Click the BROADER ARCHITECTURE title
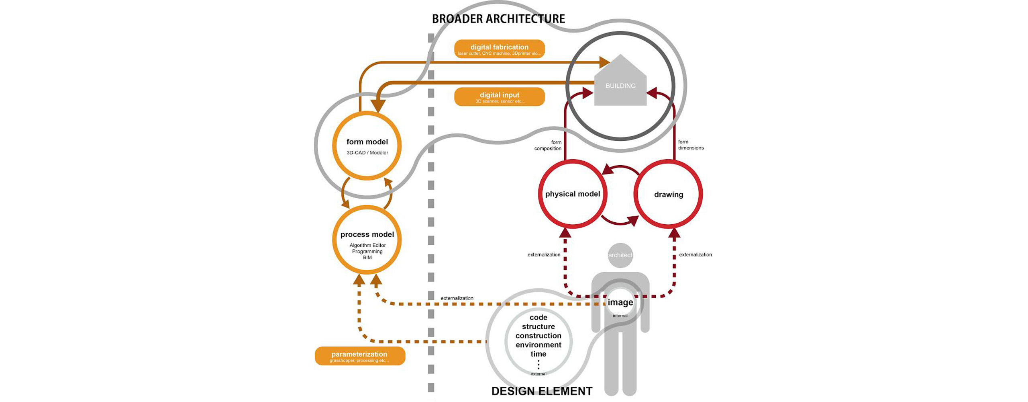pyautogui.click(x=498, y=19)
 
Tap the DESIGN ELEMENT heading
pyautogui.click(x=542, y=391)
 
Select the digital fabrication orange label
pyautogui.click(x=499, y=49)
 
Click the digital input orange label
pyautogui.click(x=499, y=97)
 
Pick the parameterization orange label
pyautogui.click(x=360, y=356)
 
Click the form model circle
pyautogui.click(x=367, y=146)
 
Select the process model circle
pyautogui.click(x=367, y=240)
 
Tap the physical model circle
pyautogui.click(x=572, y=194)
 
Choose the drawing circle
pyautogui.click(x=668, y=194)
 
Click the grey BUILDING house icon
pyautogui.click(x=620, y=82)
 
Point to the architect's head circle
pyautogui.click(x=620, y=255)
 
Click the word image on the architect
pyautogui.click(x=620, y=302)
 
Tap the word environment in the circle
pyautogui.click(x=538, y=345)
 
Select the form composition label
pyautogui.click(x=548, y=145)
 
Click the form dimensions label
pyautogui.click(x=691, y=145)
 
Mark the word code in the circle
pyautogui.click(x=538, y=318)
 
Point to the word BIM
pyautogui.click(x=367, y=258)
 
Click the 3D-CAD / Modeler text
pyautogui.click(x=367, y=153)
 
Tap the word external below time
pyautogui.click(x=538, y=374)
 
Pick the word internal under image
pyautogui.click(x=620, y=316)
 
